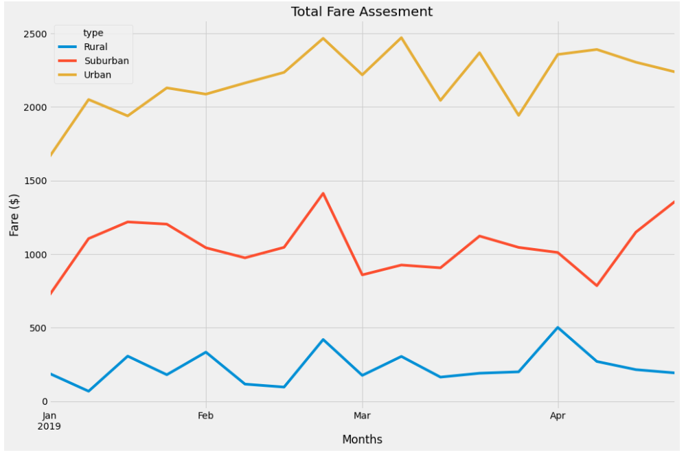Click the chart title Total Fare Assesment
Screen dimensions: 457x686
362,12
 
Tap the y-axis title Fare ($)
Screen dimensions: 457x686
14,215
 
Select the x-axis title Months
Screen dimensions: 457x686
362,440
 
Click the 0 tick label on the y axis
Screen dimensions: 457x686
42,402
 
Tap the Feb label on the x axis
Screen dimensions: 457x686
206,416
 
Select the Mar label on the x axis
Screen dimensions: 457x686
362,416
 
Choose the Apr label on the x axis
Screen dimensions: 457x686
558,416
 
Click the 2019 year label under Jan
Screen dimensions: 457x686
49,427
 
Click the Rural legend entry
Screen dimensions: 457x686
95,47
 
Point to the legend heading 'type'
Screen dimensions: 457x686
93,33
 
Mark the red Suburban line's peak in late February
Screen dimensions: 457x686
323,193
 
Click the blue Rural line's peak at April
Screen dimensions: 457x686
558,328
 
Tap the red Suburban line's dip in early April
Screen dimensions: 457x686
597,285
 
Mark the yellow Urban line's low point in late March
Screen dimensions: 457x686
518,115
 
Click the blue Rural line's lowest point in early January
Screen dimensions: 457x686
89,391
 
